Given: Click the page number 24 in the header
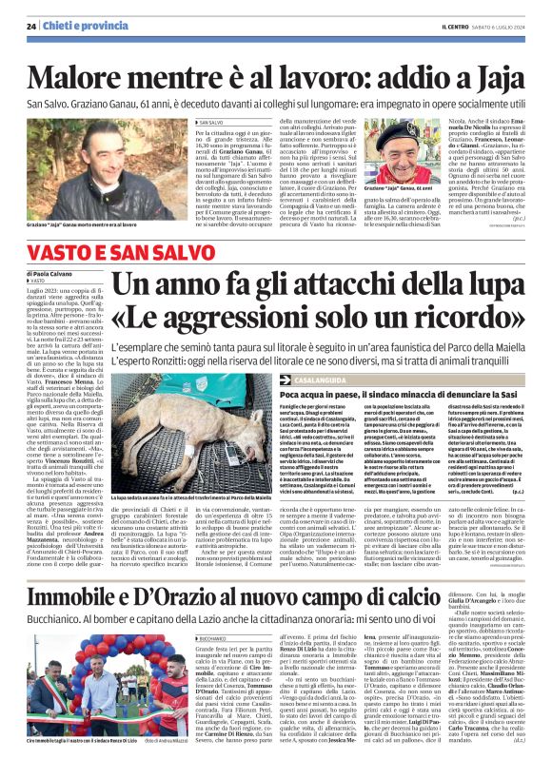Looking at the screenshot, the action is tap(31, 26).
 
